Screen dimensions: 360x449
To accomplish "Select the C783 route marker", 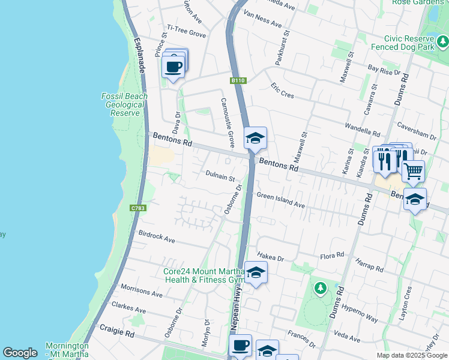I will tap(138, 208).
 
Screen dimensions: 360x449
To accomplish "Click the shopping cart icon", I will tap(413, 171).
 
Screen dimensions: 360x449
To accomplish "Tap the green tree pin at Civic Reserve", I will tap(443, 41).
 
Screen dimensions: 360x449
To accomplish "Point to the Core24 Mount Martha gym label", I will tap(204, 275).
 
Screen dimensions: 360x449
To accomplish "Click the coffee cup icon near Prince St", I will tap(173, 67).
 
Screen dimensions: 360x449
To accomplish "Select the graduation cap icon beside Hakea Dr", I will tap(256, 273).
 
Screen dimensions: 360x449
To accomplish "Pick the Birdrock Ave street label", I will tap(156, 236).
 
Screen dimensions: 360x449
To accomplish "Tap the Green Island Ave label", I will tap(281, 200).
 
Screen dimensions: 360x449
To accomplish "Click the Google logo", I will tap(20, 353).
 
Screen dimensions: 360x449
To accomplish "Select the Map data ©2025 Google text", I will tap(412, 355).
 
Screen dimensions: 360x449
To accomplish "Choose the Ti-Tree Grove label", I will tap(186, 31).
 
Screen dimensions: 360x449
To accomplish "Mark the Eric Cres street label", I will tap(282, 91).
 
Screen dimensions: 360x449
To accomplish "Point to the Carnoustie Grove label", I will tap(227, 122).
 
